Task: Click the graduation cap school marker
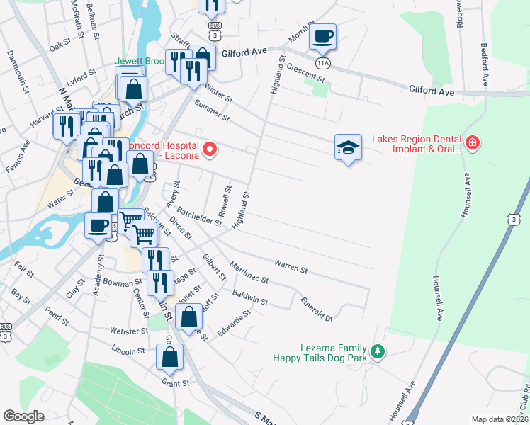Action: [347, 147]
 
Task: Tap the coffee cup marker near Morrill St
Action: [322, 37]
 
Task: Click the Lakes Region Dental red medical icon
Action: [473, 144]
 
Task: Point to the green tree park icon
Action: [378, 351]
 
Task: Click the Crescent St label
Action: [306, 71]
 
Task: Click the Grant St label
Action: [175, 383]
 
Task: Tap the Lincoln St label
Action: [128, 350]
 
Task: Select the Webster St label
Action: [128, 331]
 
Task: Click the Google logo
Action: [23, 416]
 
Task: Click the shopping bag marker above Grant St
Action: [170, 358]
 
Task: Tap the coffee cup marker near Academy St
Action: [98, 225]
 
